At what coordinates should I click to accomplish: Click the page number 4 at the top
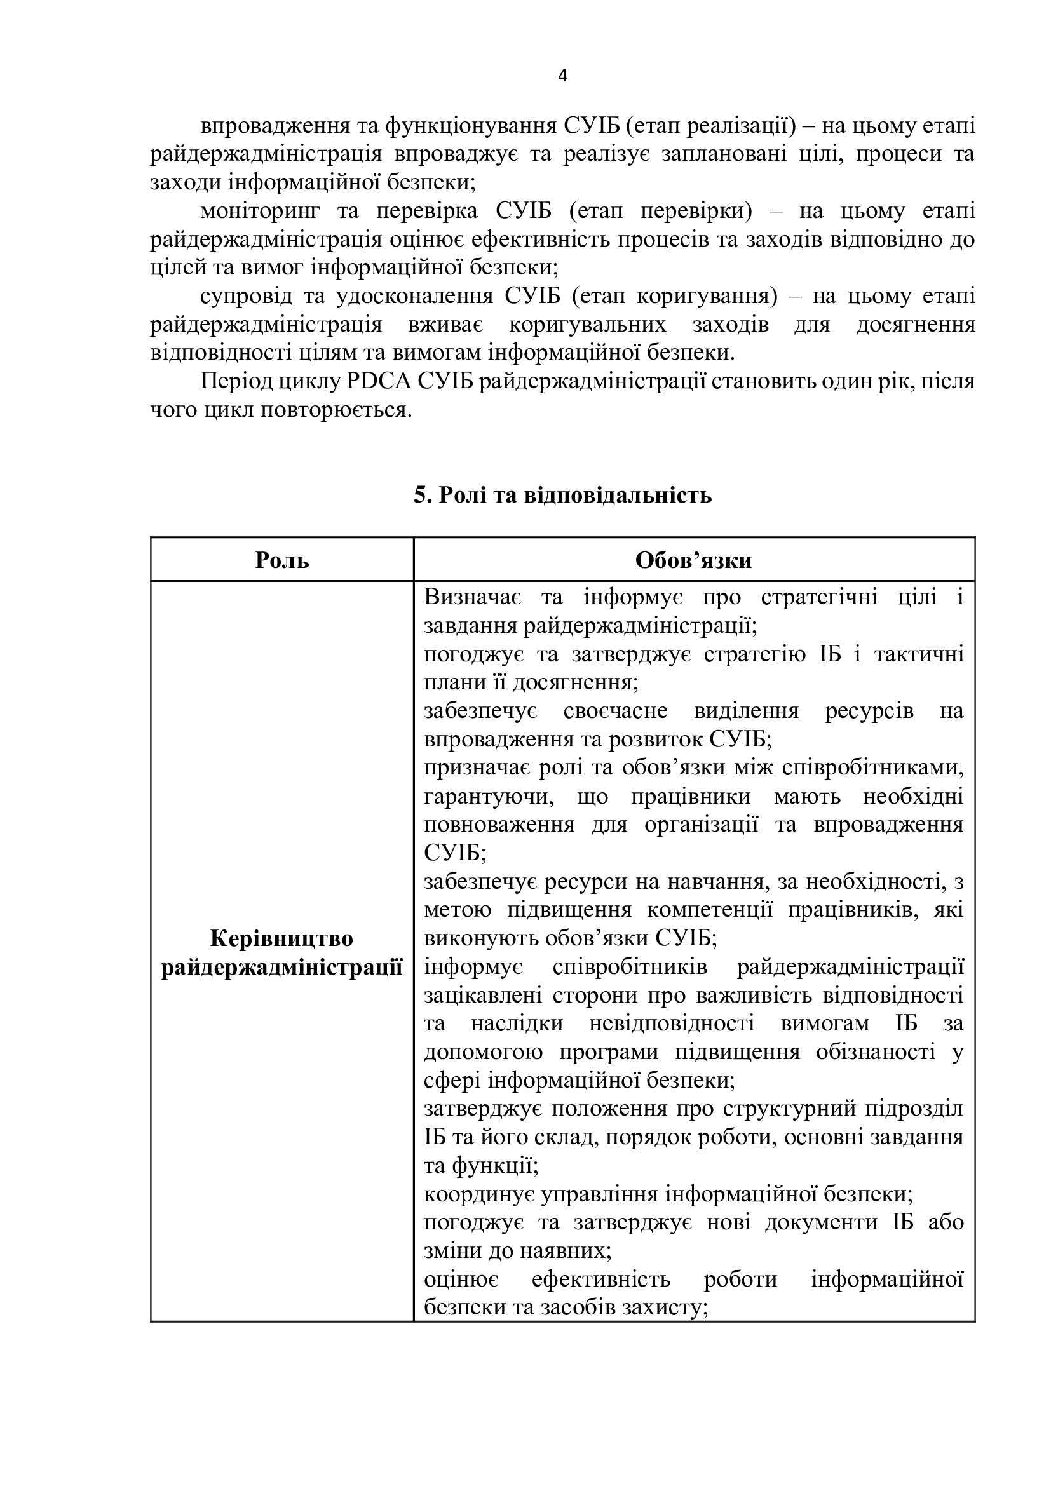[x=562, y=76]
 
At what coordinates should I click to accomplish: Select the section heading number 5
[x=421, y=495]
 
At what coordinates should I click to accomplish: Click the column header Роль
[x=282, y=560]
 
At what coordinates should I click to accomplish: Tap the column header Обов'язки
[x=694, y=560]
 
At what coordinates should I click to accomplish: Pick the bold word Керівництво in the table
[x=281, y=939]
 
